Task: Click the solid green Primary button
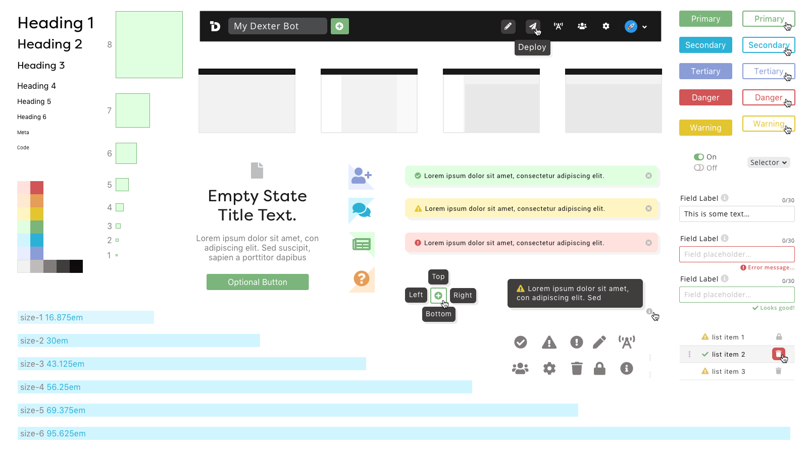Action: coord(705,19)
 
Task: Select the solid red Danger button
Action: coord(705,97)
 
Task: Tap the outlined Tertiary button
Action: coord(768,71)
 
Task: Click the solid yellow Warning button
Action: coord(705,128)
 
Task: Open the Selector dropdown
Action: coord(768,162)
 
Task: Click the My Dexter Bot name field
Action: coord(277,26)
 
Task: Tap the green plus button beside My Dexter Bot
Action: coord(339,26)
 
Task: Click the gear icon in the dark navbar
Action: coord(605,26)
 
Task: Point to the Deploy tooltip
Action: coord(532,47)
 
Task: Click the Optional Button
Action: coord(258,282)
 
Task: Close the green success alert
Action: coord(648,176)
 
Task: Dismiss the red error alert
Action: coord(648,243)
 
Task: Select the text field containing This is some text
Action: coord(737,214)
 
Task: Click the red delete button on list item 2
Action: coord(778,354)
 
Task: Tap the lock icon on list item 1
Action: coord(779,337)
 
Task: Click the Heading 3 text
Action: coord(41,65)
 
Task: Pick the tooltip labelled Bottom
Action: coord(438,314)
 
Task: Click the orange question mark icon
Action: coord(362,278)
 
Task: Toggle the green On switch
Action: coord(699,157)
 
